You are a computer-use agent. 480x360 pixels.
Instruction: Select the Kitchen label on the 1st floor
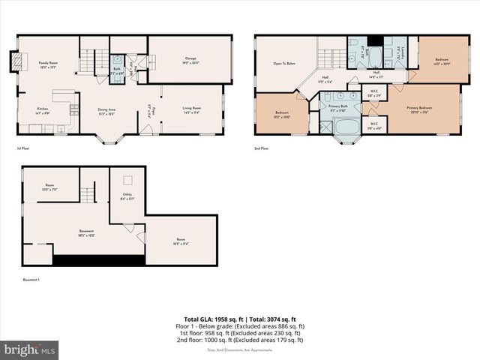point(43,111)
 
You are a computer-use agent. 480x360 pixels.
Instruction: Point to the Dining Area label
point(106,111)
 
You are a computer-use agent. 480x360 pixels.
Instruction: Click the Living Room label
point(192,110)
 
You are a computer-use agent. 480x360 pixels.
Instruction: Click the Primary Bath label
point(340,108)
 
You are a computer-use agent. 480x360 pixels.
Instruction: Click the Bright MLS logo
point(30,349)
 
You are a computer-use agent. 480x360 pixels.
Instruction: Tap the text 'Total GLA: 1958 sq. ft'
point(214,319)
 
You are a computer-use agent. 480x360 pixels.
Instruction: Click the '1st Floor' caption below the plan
point(23,148)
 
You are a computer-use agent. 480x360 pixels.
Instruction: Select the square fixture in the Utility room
point(127,179)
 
